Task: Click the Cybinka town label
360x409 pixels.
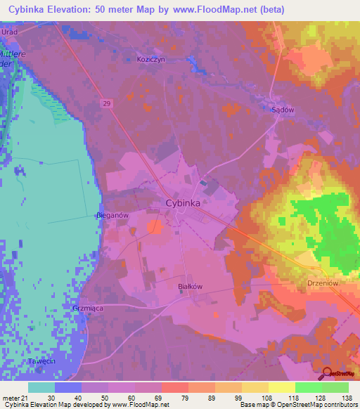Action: tap(183, 202)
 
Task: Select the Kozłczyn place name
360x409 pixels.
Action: tap(151, 60)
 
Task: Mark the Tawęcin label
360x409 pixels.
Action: tap(41, 361)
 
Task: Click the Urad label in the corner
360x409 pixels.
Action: tap(9, 32)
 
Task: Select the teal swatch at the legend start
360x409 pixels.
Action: tap(41, 387)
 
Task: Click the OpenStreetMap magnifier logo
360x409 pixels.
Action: tap(328, 374)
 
